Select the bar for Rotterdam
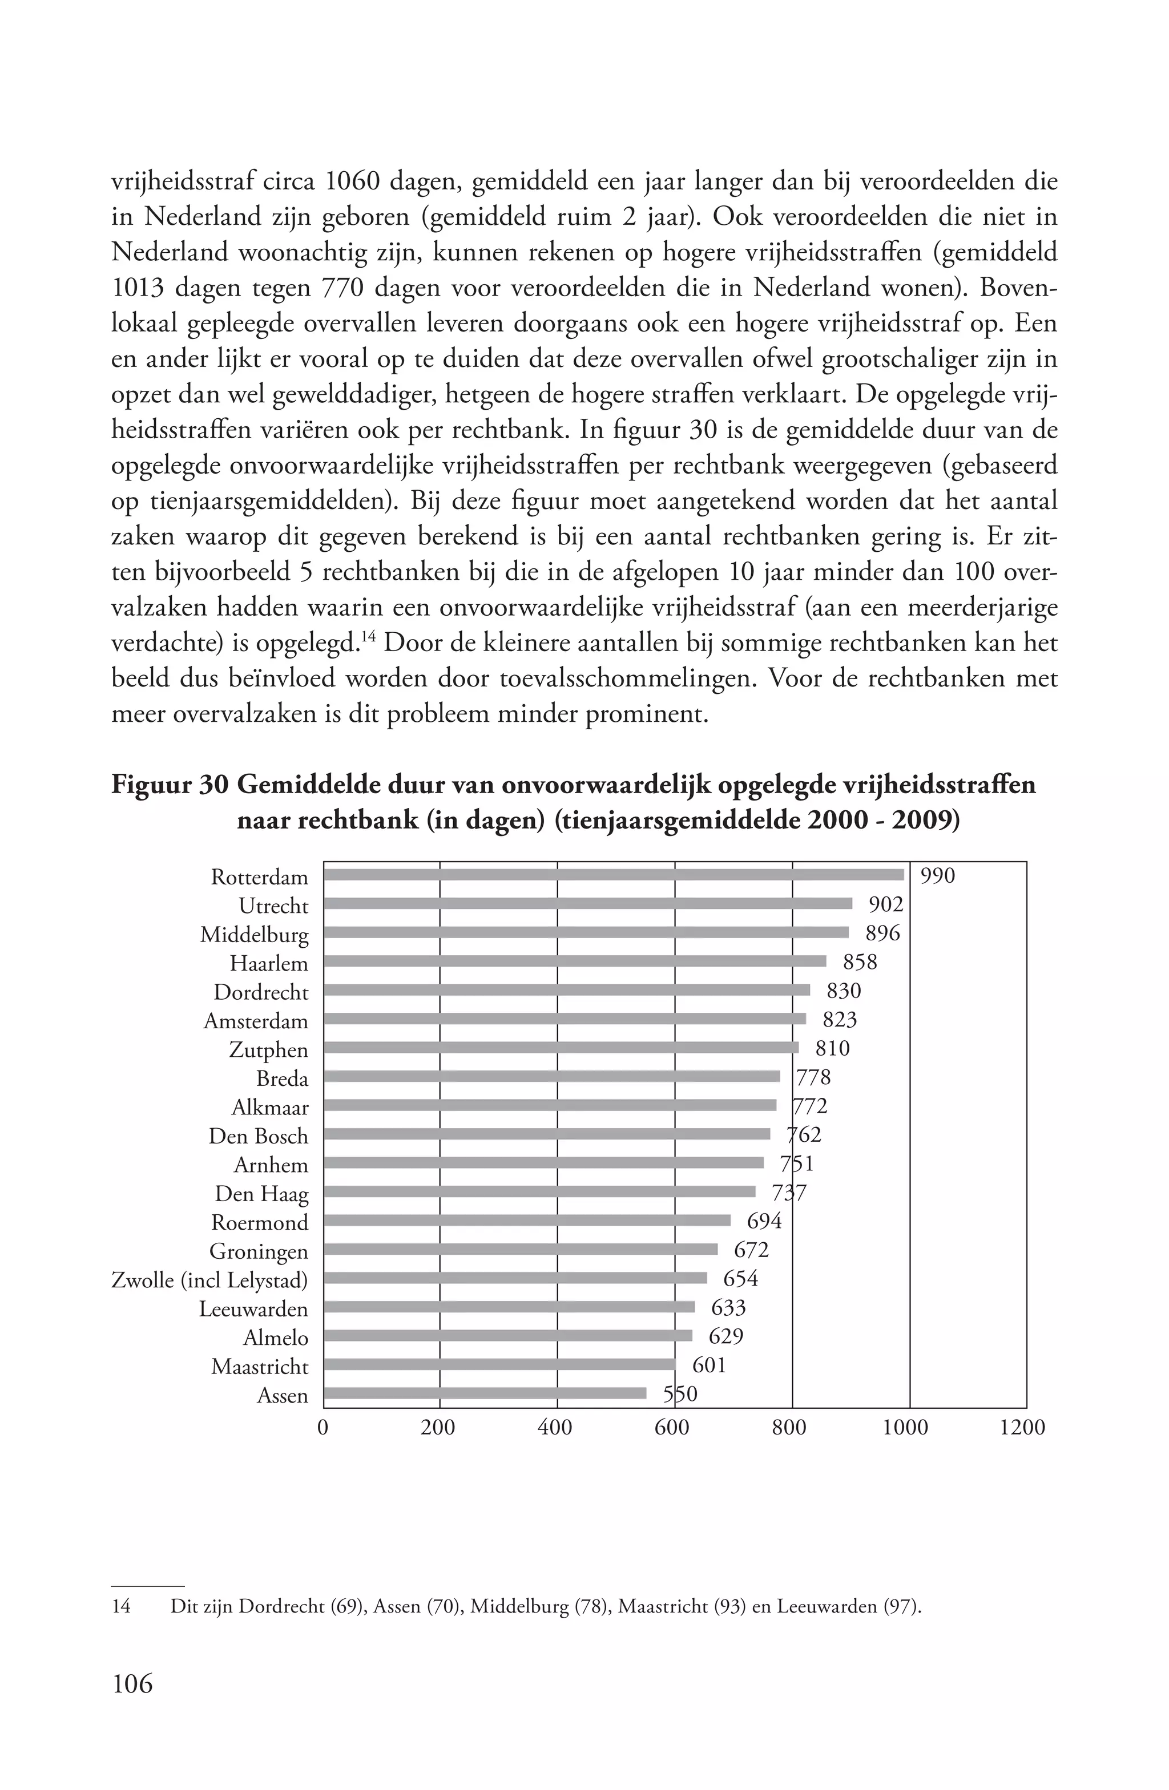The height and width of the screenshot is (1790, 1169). pyautogui.click(x=613, y=875)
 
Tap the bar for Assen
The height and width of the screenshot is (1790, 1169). pyautogui.click(x=485, y=1393)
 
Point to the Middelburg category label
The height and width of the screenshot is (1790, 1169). pyautogui.click(x=254, y=935)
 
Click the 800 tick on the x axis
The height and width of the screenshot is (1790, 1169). pyautogui.click(x=789, y=1428)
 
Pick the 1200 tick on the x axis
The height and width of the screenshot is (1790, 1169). pyautogui.click(x=1022, y=1428)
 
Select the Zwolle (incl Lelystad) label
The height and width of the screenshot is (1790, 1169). pyautogui.click(x=209, y=1280)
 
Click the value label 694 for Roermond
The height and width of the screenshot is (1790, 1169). pyautogui.click(x=764, y=1221)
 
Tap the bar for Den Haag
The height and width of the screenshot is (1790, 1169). pyautogui.click(x=539, y=1191)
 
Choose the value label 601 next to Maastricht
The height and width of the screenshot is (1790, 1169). pyautogui.click(x=708, y=1365)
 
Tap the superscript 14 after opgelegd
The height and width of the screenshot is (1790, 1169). pyautogui.click(x=368, y=639)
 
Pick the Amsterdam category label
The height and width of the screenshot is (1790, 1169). pyautogui.click(x=256, y=1021)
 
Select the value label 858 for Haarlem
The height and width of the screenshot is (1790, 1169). pyautogui.click(x=860, y=962)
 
